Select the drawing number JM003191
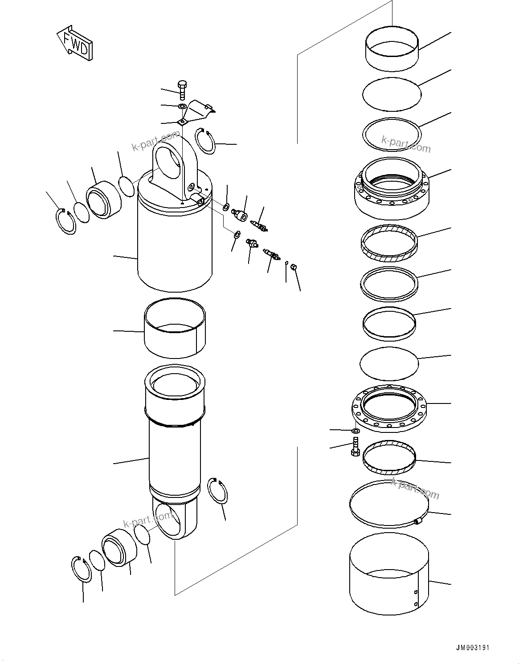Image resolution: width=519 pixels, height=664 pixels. [x=472, y=648]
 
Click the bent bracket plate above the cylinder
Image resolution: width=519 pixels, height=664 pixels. [x=198, y=111]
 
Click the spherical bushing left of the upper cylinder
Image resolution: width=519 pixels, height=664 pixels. [x=103, y=200]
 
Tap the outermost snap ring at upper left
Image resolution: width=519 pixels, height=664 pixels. [x=66, y=221]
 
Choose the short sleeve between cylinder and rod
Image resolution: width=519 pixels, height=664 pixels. [x=174, y=328]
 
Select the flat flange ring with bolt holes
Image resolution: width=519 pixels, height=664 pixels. [x=389, y=407]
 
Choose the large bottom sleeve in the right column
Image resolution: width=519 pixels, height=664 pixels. [x=389, y=574]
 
